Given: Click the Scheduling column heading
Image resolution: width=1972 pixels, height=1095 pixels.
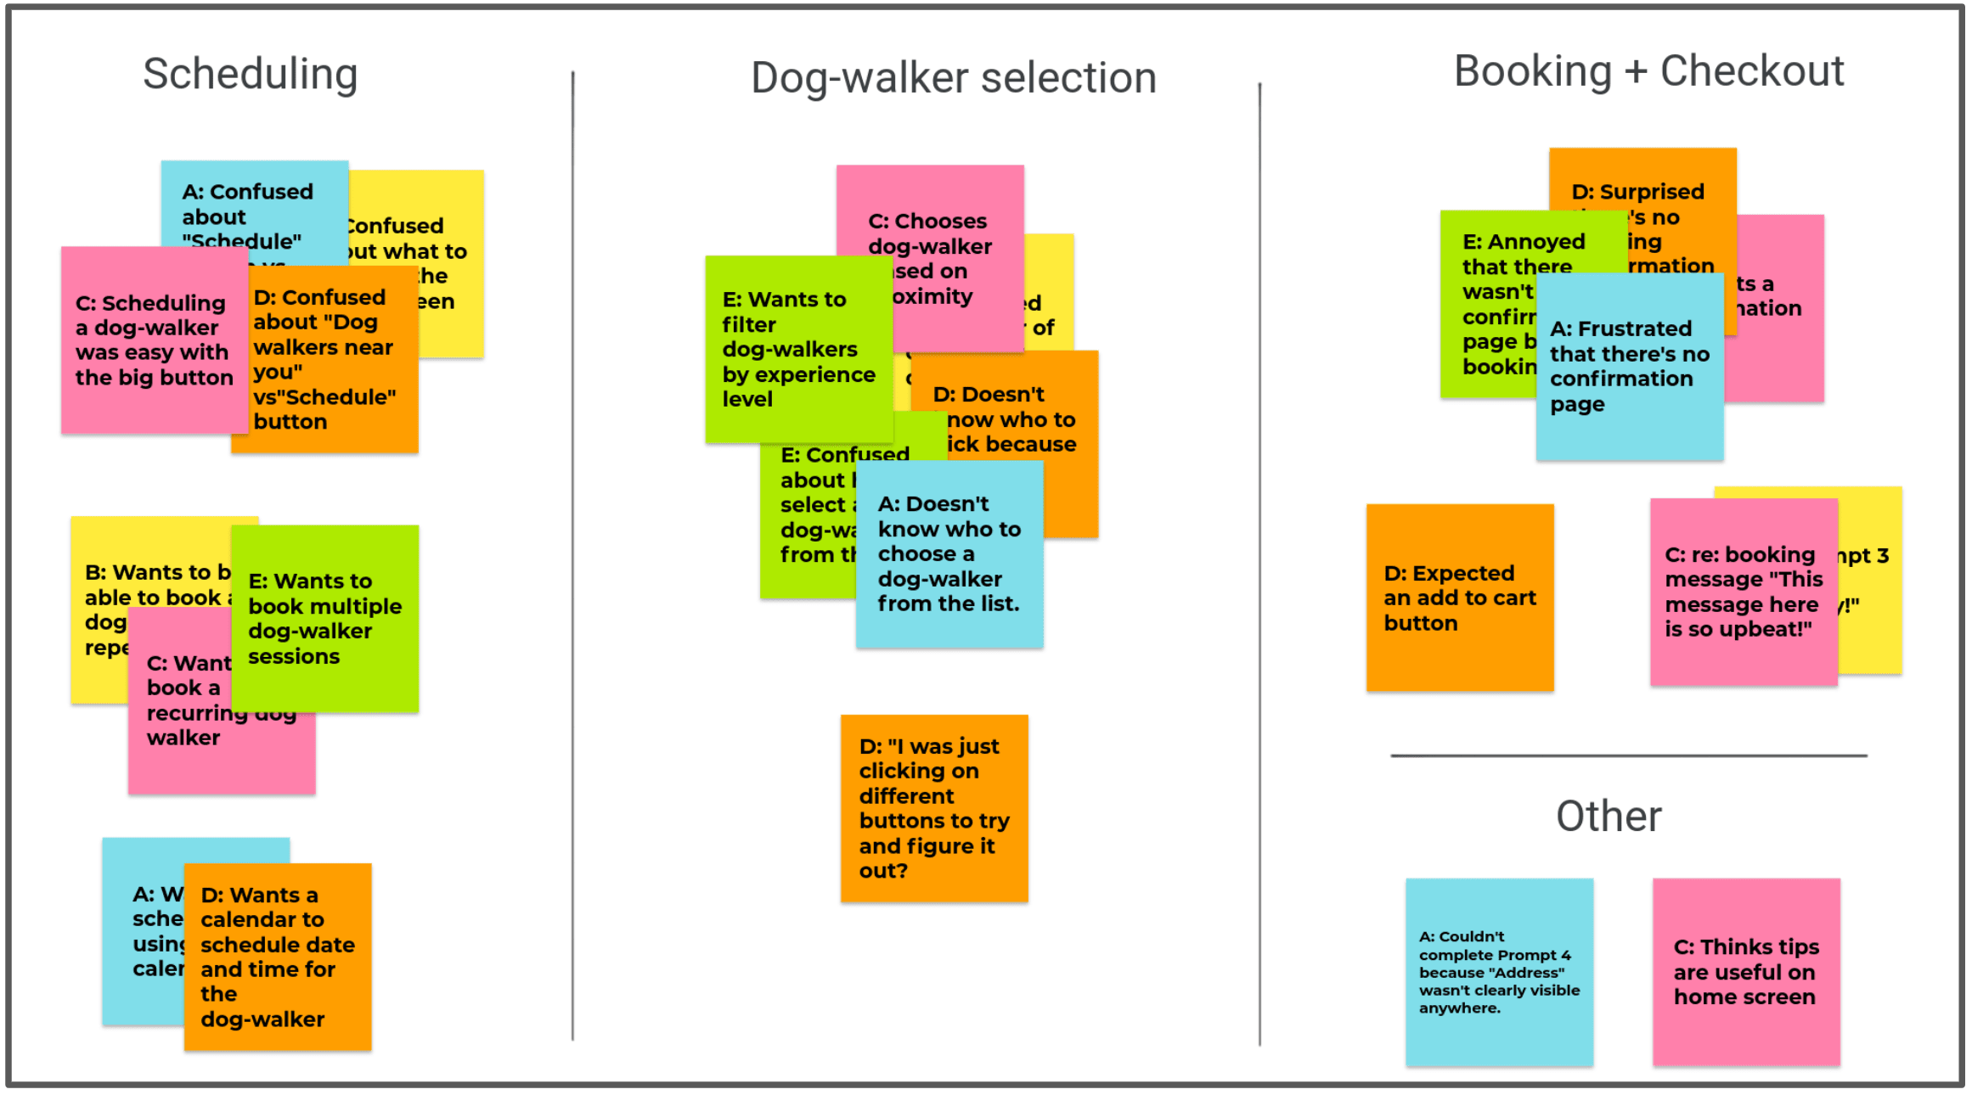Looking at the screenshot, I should click(x=250, y=74).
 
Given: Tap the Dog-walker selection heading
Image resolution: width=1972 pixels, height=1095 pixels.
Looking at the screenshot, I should click(x=953, y=78).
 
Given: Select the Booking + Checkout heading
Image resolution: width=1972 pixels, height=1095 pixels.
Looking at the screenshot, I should click(x=1648, y=71).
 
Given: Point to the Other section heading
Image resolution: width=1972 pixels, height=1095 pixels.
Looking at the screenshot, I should click(x=1608, y=817).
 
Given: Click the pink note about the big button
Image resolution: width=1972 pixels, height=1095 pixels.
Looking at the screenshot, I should click(x=153, y=340).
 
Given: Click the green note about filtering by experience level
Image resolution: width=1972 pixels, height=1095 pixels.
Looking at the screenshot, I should click(x=797, y=349).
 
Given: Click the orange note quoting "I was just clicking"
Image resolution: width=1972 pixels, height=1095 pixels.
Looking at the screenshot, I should click(x=933, y=808).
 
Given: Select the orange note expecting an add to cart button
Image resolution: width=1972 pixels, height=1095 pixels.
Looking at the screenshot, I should click(x=1459, y=598).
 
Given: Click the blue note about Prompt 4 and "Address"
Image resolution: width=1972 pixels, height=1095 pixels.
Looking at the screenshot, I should click(x=1499, y=972).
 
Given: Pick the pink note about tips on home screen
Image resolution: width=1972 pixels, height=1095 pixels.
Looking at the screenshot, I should click(x=1745, y=972).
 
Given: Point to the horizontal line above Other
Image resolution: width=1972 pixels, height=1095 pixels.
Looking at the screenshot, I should click(x=1628, y=755).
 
